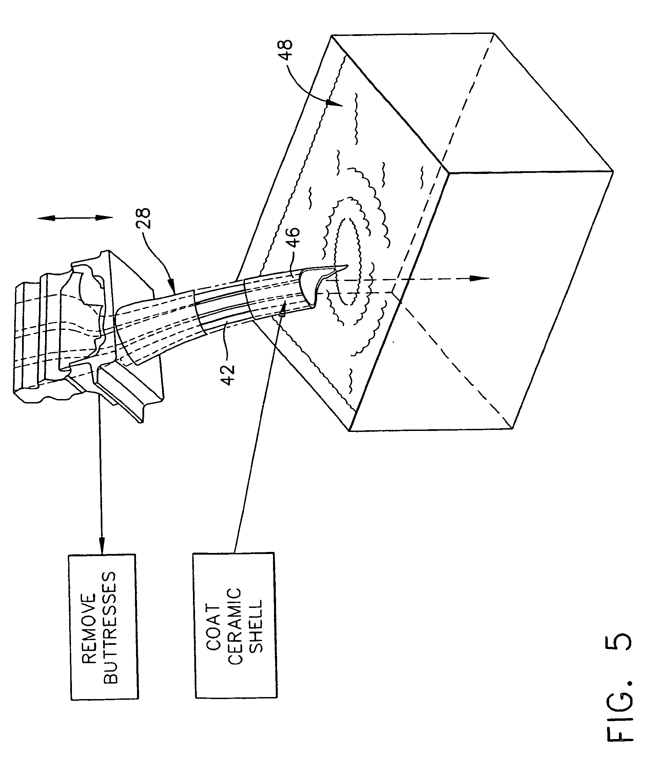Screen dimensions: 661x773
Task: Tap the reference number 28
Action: point(143,218)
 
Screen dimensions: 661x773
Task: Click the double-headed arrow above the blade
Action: point(75,218)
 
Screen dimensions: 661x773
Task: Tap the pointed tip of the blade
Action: point(347,265)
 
